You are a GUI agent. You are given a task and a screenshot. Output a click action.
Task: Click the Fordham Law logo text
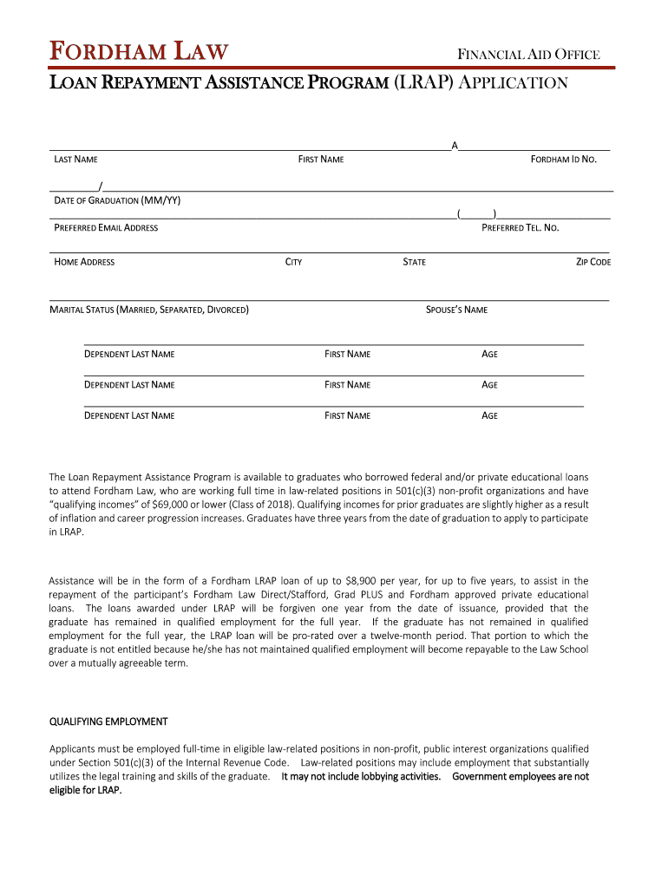139,53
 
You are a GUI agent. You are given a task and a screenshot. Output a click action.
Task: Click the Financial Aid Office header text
528,55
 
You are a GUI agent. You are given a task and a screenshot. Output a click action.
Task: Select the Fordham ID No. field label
564,160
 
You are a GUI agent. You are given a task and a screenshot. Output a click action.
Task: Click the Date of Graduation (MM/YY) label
117,200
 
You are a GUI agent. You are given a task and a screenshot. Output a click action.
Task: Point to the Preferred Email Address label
106,228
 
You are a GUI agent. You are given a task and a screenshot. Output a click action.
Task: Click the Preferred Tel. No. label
521,228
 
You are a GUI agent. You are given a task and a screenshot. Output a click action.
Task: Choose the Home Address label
84,262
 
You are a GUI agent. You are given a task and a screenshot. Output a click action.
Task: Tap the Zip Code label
593,262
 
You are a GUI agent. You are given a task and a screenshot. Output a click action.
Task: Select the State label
414,262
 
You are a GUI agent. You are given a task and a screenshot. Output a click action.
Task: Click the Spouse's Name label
456,310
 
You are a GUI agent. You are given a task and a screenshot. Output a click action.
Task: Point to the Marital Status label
149,310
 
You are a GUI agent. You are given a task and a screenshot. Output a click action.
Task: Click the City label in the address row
293,262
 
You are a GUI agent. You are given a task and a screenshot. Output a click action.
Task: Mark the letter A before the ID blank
454,145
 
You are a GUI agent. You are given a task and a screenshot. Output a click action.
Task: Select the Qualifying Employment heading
108,721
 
